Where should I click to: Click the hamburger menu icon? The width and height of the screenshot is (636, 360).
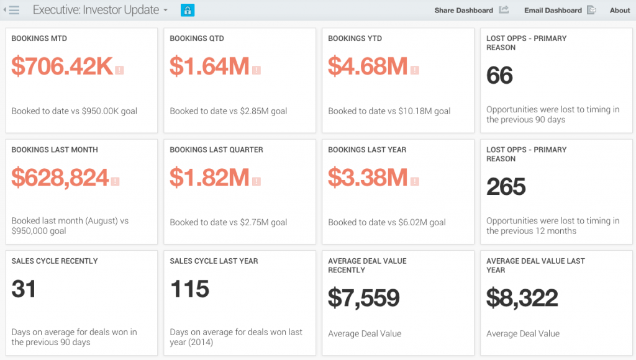click(14, 10)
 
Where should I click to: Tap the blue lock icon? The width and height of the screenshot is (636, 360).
click(188, 10)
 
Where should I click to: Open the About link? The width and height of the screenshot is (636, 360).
click(620, 10)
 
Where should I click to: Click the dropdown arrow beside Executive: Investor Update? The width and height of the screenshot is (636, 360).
click(165, 10)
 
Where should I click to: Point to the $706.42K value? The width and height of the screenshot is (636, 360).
click(62, 66)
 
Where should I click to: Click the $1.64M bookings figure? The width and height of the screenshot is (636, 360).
click(209, 66)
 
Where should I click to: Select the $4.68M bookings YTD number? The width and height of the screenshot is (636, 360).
click(368, 66)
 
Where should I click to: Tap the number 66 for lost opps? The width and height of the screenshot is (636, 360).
click(500, 75)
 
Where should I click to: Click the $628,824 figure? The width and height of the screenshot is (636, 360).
click(60, 178)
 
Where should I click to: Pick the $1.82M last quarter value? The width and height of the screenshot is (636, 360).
click(209, 178)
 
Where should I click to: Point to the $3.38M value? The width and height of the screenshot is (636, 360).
click(368, 178)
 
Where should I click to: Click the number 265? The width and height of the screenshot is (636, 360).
click(506, 186)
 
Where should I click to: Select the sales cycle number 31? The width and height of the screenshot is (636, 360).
click(24, 289)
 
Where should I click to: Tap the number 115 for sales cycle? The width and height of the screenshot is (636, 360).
click(189, 289)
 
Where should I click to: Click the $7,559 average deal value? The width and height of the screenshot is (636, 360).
click(364, 298)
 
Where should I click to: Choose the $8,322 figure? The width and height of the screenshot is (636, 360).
click(522, 298)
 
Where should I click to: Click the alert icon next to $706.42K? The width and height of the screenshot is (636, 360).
click(119, 70)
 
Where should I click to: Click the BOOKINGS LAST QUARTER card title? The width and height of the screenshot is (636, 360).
click(216, 150)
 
